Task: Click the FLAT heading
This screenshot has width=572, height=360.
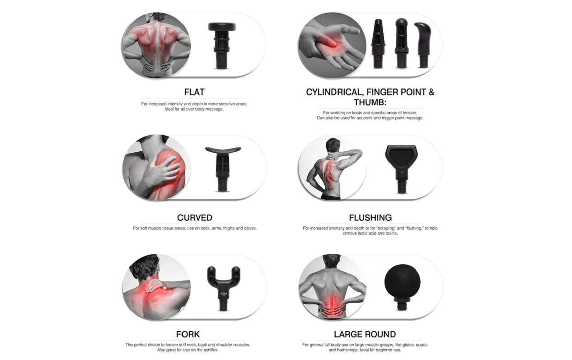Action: coord(194,92)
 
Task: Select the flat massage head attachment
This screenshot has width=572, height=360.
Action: coord(222,46)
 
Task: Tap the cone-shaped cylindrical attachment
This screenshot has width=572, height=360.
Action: coord(378,43)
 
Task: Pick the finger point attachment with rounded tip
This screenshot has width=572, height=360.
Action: coord(401,43)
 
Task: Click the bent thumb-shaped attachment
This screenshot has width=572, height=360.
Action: coord(423,45)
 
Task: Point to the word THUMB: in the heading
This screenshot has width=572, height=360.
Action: coord(370,103)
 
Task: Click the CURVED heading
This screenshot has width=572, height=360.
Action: coord(195,218)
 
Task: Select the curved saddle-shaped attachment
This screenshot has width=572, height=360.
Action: coord(223,168)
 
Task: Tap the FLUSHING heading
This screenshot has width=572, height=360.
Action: coord(370,218)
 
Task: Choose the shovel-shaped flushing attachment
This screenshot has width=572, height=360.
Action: coord(402,168)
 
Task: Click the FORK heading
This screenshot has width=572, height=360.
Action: coord(188,334)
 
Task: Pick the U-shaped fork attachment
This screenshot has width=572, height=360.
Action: coord(224,289)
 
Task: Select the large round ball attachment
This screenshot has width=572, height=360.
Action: coord(402,282)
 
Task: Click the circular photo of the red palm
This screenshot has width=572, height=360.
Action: coord(332,46)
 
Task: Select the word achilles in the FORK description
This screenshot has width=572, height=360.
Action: coord(211,350)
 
